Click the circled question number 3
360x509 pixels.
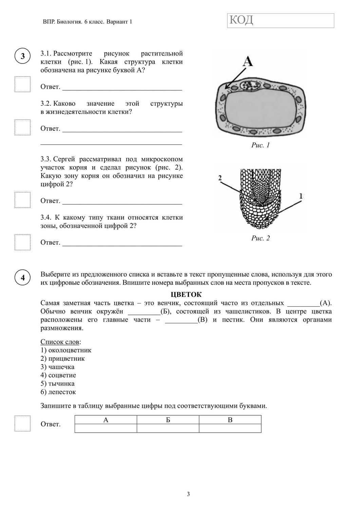[22, 56]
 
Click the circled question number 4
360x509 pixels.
[22, 278]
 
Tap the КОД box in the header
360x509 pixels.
[280, 20]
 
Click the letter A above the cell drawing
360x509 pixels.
[248, 61]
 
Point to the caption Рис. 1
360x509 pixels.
[260, 145]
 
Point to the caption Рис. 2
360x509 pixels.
[260, 238]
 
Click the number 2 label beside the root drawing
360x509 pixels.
[220, 177]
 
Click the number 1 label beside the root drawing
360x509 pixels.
[301, 196]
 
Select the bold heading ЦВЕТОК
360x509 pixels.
[186, 295]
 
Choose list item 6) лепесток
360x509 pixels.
[58, 392]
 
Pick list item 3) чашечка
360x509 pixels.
[57, 367]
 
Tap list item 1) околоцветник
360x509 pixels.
[66, 350]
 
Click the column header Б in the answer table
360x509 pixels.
[168, 420]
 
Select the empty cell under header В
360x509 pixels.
[230, 429]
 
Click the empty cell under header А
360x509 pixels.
[106, 429]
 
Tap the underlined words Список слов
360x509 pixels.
[60, 342]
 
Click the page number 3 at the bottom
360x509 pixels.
[188, 494]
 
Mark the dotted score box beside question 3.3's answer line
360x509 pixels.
[22, 200]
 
